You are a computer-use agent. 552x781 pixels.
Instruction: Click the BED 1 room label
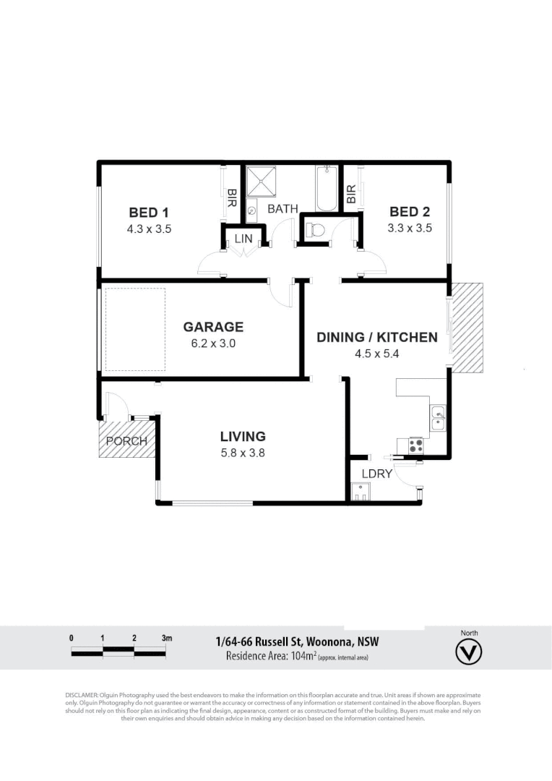(149, 213)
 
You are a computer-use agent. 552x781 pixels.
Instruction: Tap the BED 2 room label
(410, 212)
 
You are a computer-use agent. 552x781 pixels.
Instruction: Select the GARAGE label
(213, 328)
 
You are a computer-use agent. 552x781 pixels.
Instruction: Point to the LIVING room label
(243, 437)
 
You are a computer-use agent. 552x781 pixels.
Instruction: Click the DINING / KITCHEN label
(377, 337)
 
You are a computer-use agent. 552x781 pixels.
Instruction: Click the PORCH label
(126, 441)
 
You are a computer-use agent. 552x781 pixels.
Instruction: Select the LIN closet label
(242, 238)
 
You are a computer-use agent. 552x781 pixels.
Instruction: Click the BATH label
(283, 209)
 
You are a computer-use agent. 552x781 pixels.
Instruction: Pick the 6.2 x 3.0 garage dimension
(213, 343)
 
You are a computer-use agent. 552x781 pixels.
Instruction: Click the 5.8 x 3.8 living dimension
(243, 453)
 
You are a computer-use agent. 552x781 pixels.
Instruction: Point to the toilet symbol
(314, 231)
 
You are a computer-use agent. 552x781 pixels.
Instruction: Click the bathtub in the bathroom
(326, 188)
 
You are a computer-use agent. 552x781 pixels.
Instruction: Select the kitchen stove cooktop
(415, 445)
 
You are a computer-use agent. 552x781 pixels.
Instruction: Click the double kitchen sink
(439, 419)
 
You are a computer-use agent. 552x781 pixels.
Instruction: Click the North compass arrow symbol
(469, 652)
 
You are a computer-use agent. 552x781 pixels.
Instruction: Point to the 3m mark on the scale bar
(167, 639)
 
